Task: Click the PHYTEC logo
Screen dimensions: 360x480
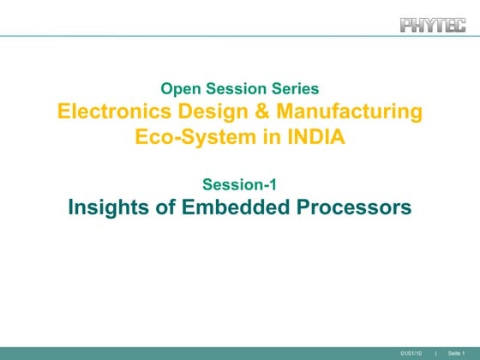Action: tap(433, 24)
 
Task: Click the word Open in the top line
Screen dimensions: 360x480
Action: tap(179, 88)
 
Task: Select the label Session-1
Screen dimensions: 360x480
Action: tap(239, 183)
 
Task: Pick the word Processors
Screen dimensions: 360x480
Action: tap(358, 207)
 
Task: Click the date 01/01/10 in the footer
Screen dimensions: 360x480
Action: tap(411, 354)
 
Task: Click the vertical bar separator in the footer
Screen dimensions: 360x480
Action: tap(436, 354)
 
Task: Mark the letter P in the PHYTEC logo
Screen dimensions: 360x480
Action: tap(406, 24)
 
